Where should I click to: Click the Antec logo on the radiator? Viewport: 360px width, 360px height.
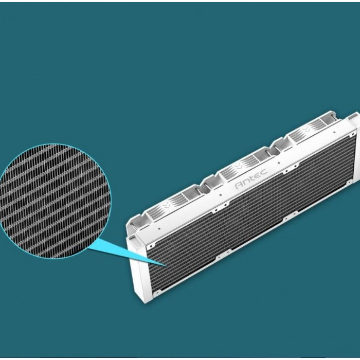tap(251, 179)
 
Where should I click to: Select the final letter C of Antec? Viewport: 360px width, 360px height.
tap(264, 172)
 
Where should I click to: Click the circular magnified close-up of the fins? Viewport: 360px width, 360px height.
tap(55, 201)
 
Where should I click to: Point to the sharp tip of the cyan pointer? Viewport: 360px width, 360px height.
tap(166, 266)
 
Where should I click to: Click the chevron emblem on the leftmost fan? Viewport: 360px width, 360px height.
tap(166, 204)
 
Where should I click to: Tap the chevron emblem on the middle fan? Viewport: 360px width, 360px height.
tap(238, 166)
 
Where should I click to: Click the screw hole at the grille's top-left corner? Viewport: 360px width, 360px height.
tap(151, 247)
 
